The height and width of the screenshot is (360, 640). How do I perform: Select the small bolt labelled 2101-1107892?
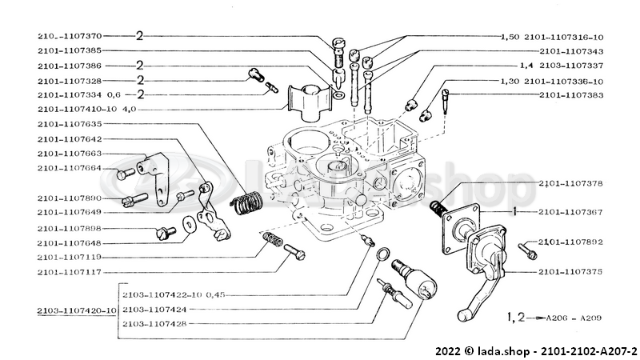tap(529, 251)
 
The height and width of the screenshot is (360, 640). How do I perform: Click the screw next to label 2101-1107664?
tap(122, 173)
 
